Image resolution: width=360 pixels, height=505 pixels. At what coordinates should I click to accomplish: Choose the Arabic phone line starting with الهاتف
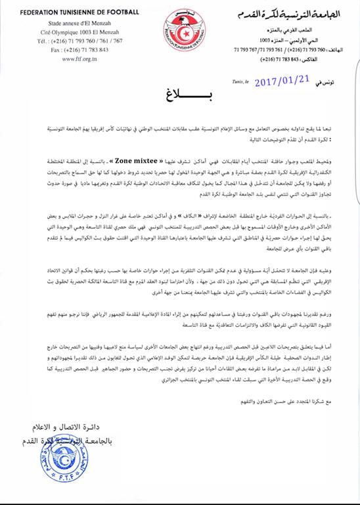[x=282, y=49]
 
